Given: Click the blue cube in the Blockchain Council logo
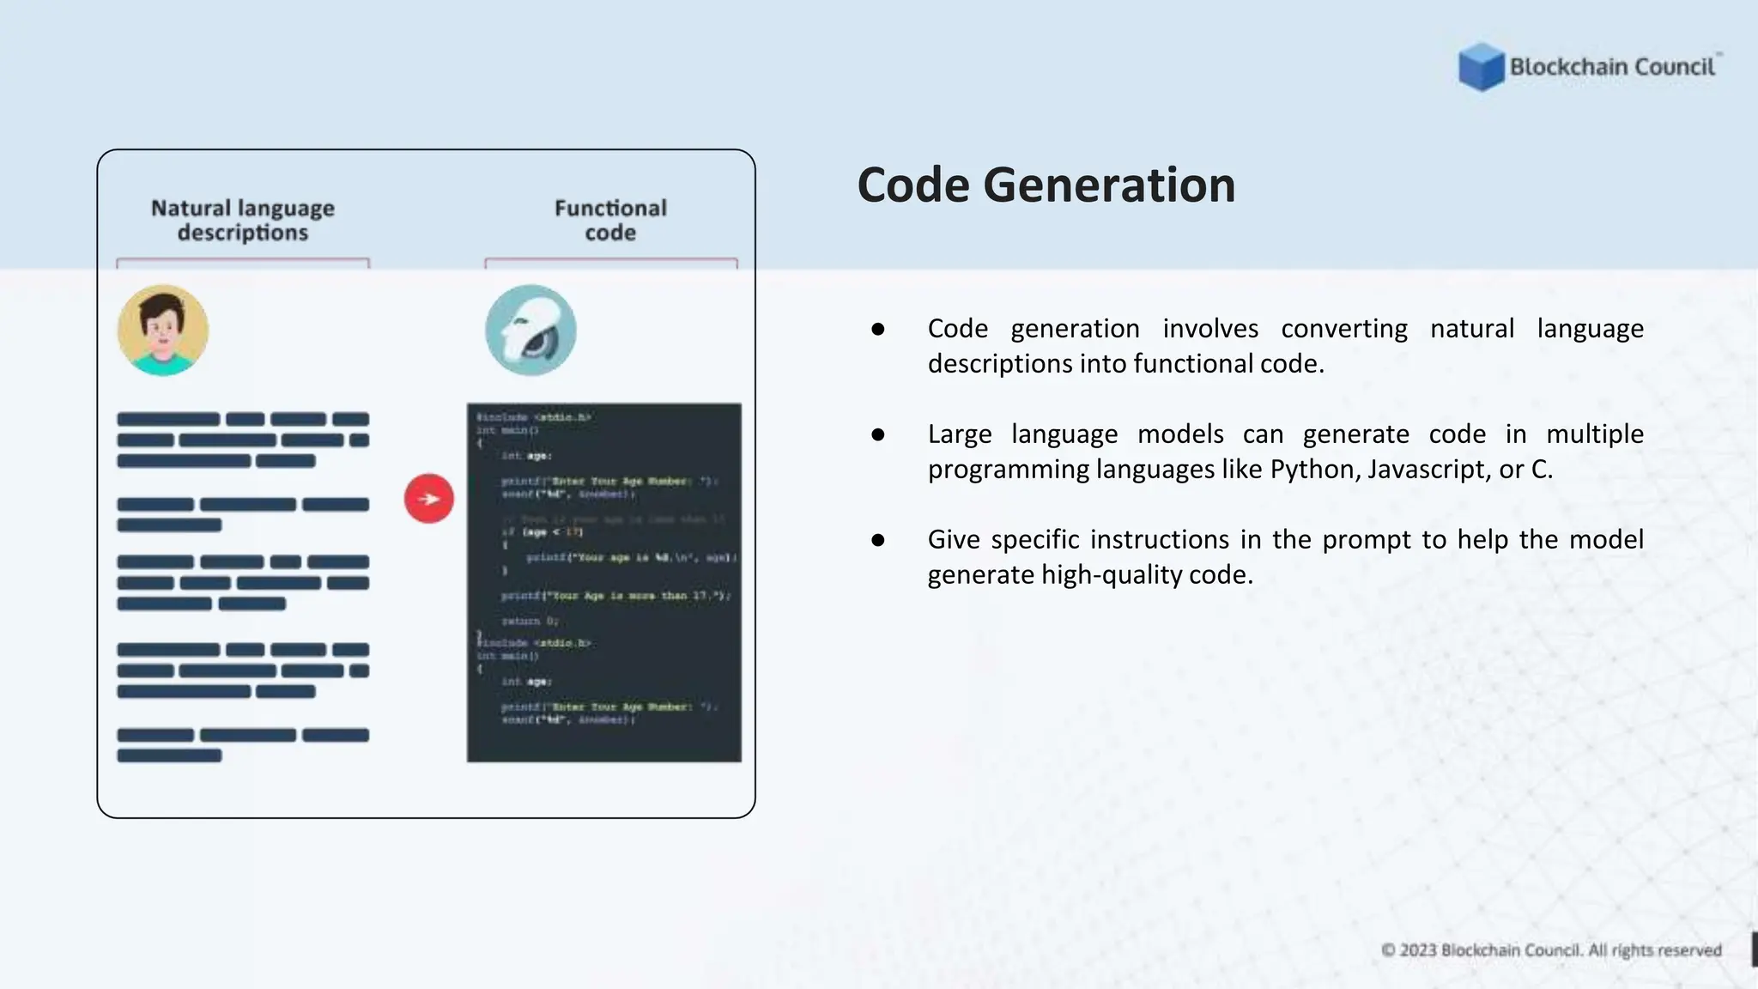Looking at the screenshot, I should tap(1481, 67).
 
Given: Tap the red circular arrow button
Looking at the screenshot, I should tap(429, 499).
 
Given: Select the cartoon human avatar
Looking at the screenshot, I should tap(163, 331).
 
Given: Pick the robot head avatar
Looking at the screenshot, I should tap(530, 331).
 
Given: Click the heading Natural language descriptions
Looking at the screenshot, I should tap(243, 221).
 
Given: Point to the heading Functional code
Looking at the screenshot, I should tap(610, 221).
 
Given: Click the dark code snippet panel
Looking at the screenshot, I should tap(604, 582).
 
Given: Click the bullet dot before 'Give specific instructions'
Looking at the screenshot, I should tap(877, 540).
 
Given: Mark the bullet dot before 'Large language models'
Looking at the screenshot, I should tap(877, 434).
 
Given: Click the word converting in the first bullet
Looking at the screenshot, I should tap(1344, 329).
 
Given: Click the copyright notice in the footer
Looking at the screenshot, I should tap(1551, 950).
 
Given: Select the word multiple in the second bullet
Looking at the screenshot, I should tap(1595, 434).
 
